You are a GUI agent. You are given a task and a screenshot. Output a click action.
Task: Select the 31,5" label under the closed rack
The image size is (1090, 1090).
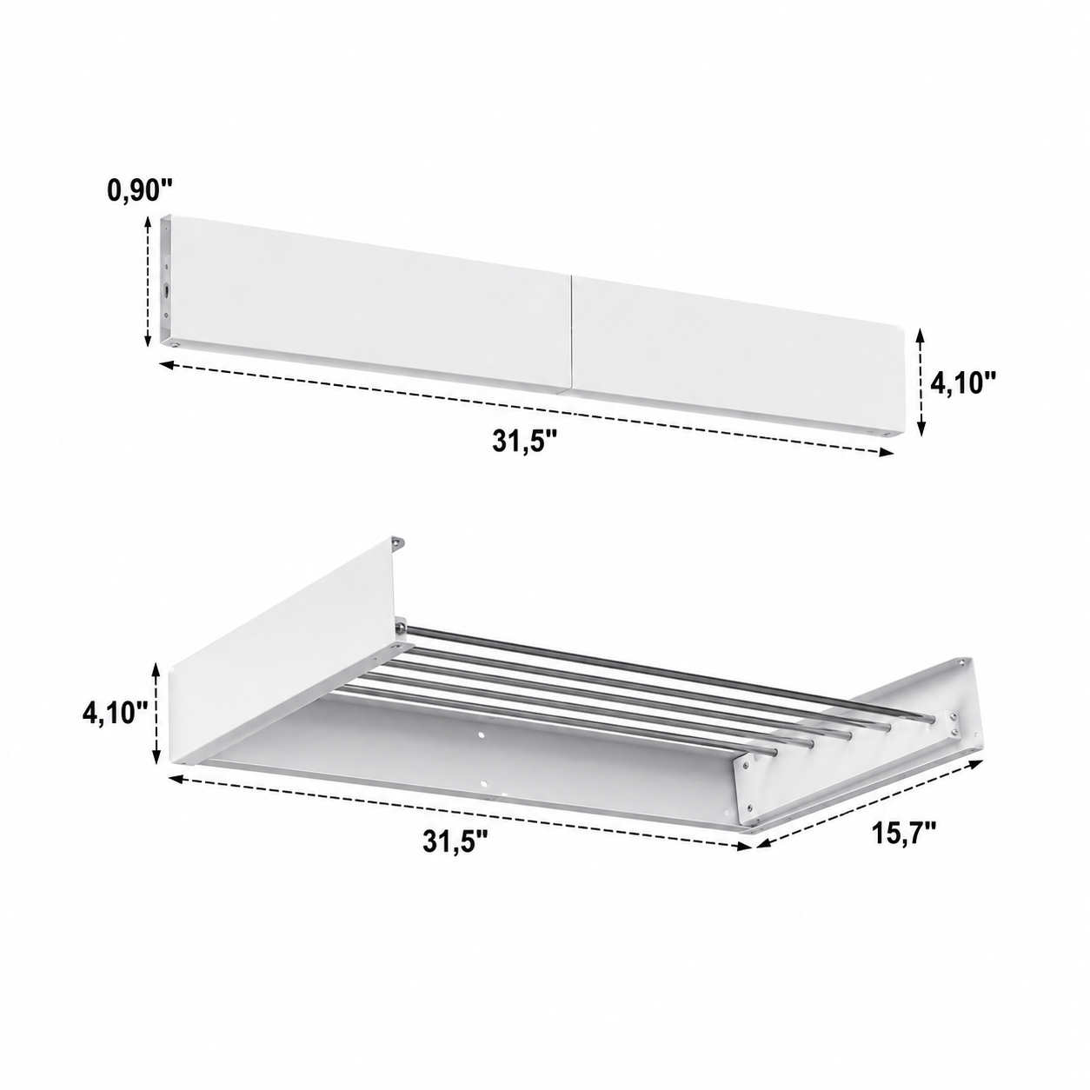tap(526, 442)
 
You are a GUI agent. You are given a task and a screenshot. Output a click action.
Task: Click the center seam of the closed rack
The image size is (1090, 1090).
tap(571, 334)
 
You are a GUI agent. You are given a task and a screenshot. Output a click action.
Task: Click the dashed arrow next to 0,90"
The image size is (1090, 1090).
tap(148, 282)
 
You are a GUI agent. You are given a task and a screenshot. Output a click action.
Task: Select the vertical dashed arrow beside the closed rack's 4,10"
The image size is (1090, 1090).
tap(921, 382)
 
